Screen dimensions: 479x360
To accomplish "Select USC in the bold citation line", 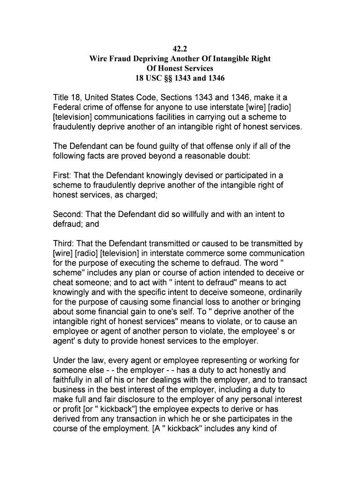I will [x=153, y=78].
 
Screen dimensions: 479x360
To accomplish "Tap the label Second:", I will [x=68, y=214].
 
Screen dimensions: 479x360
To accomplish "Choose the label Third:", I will [x=64, y=244].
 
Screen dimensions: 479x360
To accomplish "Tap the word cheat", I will [x=64, y=283].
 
